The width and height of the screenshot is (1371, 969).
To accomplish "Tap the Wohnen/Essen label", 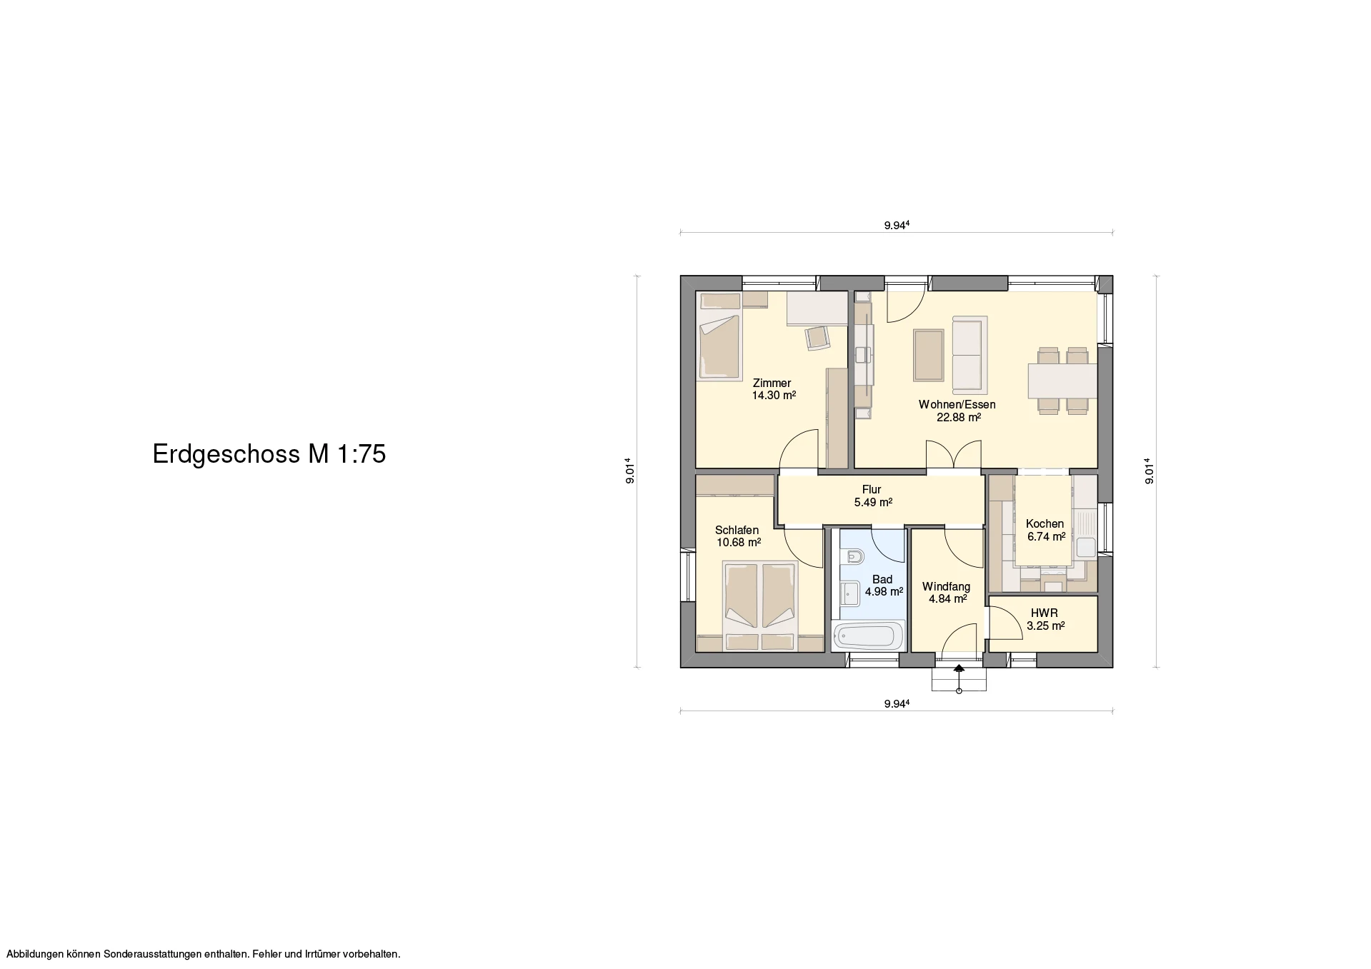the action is [x=957, y=404].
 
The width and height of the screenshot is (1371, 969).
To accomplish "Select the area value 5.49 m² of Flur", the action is [x=873, y=502].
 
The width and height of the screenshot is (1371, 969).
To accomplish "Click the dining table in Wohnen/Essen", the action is [x=1062, y=381].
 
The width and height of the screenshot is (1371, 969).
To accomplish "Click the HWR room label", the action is [x=1045, y=613].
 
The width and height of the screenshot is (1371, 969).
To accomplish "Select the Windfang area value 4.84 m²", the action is [x=948, y=599].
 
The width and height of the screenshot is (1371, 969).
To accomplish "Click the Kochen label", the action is [x=1045, y=523].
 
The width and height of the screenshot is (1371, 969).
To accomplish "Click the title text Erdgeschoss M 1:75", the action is [x=269, y=454].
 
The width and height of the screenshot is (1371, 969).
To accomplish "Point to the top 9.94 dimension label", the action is [x=897, y=226].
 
